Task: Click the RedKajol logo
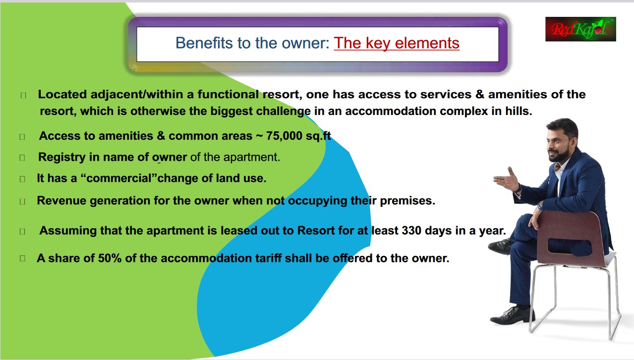tap(580, 29)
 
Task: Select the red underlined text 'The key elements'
tap(397, 43)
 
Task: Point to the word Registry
tap(61, 157)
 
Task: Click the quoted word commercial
tap(119, 178)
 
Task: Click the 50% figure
tap(110, 258)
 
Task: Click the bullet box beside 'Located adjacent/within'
tap(23, 95)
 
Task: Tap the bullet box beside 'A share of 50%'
tap(23, 258)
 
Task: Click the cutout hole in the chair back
tap(570, 246)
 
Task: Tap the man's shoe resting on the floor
tap(512, 316)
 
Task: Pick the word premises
tap(407, 201)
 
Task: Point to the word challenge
tap(284, 111)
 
